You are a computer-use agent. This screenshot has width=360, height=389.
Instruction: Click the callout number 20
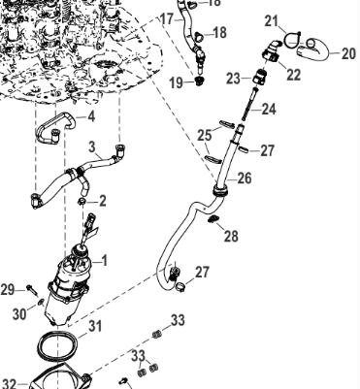click(x=348, y=53)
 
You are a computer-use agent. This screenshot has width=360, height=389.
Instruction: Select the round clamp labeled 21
click(x=293, y=40)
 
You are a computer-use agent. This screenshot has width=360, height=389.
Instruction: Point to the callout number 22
click(x=294, y=75)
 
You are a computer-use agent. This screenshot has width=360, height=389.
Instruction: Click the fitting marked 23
click(x=260, y=77)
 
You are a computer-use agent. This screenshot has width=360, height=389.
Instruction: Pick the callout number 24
click(x=269, y=110)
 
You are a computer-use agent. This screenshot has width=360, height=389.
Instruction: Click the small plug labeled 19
click(x=200, y=81)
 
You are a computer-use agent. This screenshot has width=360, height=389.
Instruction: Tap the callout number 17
click(x=168, y=19)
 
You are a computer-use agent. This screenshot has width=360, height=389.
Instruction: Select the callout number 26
click(x=245, y=178)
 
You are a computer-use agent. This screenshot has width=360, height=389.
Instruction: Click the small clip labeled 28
click(x=213, y=219)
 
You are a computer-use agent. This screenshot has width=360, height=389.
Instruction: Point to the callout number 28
click(x=231, y=236)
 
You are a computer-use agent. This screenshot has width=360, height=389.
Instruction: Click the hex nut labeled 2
click(x=82, y=202)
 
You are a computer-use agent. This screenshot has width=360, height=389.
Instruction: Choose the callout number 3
click(x=92, y=146)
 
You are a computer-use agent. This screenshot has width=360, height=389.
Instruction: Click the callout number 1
click(x=104, y=260)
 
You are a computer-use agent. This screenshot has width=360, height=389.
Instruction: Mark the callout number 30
click(x=19, y=313)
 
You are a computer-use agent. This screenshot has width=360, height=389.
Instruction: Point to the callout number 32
click(x=9, y=383)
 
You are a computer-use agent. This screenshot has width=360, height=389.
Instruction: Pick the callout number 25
click(x=205, y=136)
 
